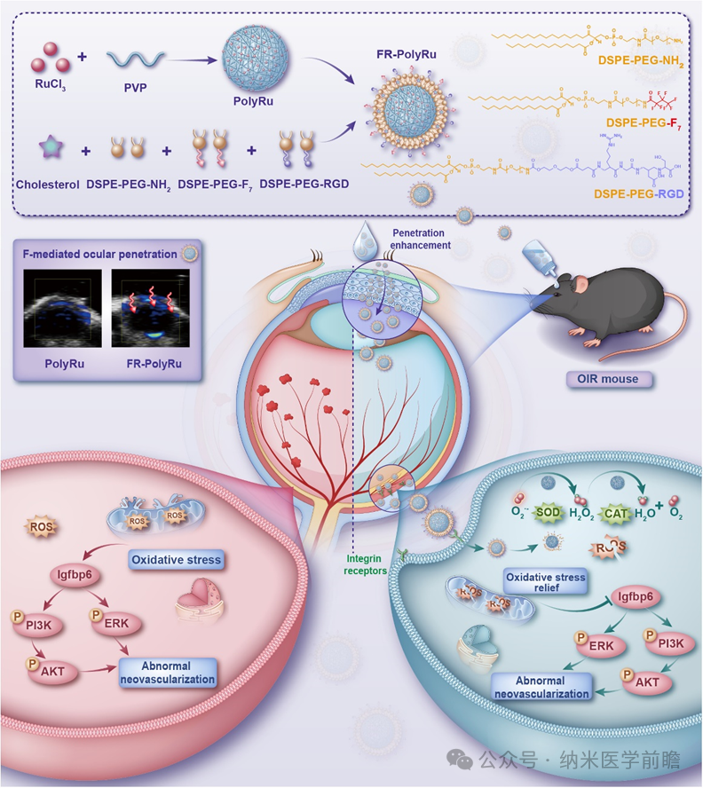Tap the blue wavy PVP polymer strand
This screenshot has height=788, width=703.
tap(135, 60)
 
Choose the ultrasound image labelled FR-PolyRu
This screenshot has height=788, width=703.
tap(146, 310)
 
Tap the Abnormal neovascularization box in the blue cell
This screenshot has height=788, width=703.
tap(541, 687)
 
